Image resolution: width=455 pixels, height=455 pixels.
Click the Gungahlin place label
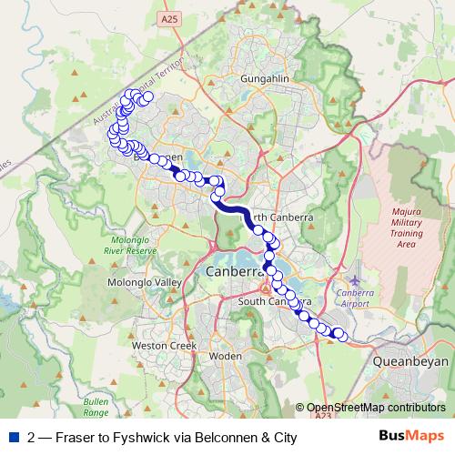(x=264, y=80)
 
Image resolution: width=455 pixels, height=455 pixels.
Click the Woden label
(x=225, y=356)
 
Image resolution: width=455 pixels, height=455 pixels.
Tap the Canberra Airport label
(x=354, y=298)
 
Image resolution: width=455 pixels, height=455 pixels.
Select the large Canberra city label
(x=234, y=272)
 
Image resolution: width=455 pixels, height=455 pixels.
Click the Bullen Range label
(x=96, y=407)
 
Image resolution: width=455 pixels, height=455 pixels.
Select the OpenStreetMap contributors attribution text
(x=376, y=409)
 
